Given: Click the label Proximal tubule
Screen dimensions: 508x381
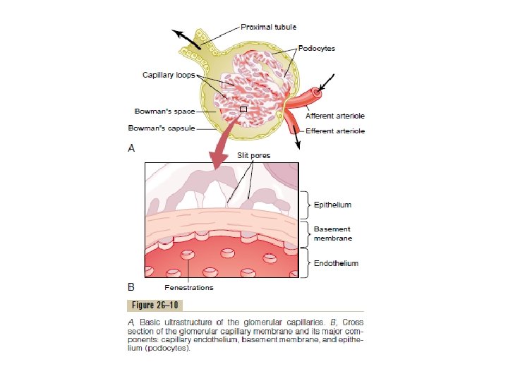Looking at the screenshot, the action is tap(264, 28).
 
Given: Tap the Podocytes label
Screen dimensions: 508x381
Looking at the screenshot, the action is tap(317, 49).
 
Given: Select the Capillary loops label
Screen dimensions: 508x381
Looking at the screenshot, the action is tap(169, 75).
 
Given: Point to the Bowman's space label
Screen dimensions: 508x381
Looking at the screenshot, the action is tap(165, 111).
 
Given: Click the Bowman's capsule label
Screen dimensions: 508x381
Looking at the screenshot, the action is tap(160, 129).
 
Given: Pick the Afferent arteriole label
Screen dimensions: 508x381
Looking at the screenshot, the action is tap(334, 115).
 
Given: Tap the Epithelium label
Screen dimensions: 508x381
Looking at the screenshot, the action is tap(332, 205).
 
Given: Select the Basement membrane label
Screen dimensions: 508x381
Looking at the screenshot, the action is tap(332, 234).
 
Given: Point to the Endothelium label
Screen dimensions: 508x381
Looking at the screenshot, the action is tap(336, 263).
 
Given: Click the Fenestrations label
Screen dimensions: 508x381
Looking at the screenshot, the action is tap(188, 288).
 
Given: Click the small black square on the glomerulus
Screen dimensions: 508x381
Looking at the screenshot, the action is tap(243, 109).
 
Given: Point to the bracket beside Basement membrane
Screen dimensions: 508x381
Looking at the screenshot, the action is tap(306, 234).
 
